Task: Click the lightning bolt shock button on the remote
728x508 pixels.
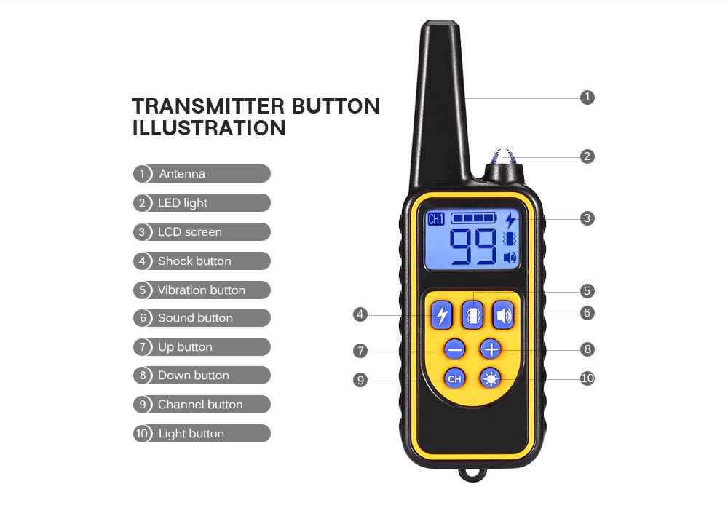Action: [441, 315]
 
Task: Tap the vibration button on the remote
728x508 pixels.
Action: [473, 315]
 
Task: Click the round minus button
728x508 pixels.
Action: [456, 349]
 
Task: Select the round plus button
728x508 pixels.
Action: [491, 349]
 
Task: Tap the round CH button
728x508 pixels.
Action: [455, 378]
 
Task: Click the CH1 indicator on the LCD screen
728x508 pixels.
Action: [436, 219]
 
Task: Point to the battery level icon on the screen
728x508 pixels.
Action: [472, 218]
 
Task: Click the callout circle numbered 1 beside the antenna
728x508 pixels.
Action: [587, 97]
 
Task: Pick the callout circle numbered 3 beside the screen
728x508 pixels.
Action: [587, 218]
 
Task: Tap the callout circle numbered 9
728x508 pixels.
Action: [360, 380]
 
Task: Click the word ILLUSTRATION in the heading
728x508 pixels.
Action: [209, 128]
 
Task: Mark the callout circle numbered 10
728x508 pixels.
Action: [587, 378]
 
